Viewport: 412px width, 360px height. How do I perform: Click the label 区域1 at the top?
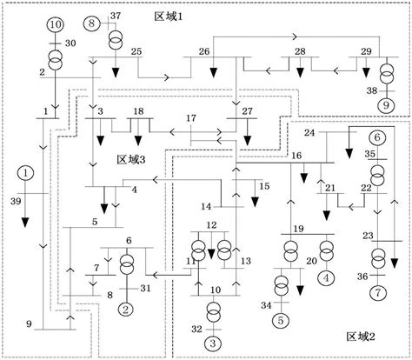(x=169, y=17)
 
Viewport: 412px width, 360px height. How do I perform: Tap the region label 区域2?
(x=361, y=337)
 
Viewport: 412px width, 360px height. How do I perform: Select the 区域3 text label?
(x=131, y=159)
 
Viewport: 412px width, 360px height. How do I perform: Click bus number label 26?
(x=204, y=51)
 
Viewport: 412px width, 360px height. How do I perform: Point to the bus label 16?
(x=296, y=156)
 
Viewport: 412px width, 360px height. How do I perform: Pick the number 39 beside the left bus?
(x=16, y=201)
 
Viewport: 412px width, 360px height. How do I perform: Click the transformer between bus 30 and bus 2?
(x=55, y=59)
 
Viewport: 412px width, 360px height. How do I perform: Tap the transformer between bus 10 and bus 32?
(x=214, y=312)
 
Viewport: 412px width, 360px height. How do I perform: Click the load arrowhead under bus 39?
(x=25, y=222)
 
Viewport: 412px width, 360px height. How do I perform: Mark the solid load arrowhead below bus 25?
(x=116, y=72)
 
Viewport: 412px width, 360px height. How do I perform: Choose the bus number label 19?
(x=298, y=229)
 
